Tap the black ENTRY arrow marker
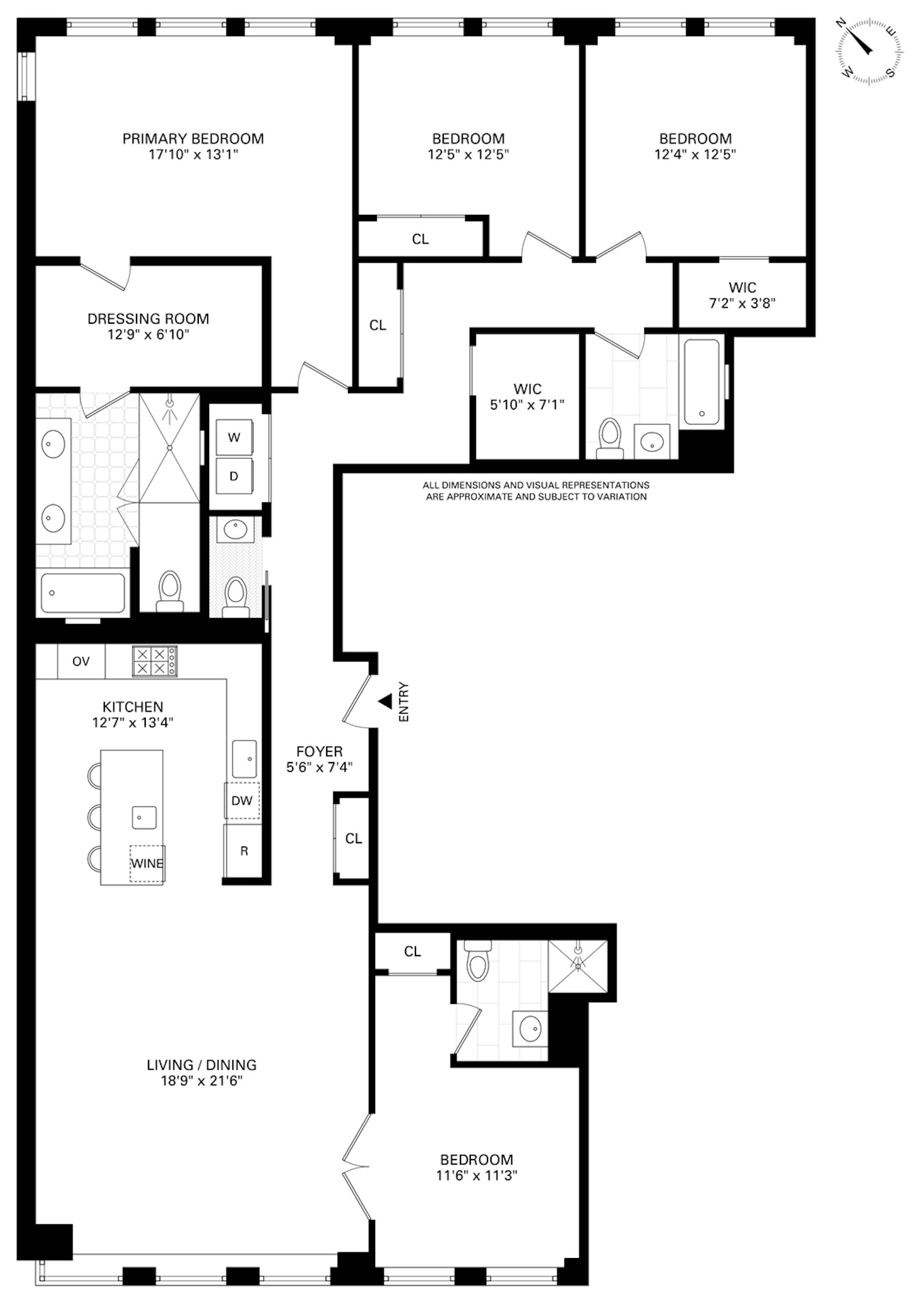pos(384,701)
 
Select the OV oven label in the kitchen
pos(81,661)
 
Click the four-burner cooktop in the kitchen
pos(154,661)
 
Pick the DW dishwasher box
pos(242,801)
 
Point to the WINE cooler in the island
pos(147,863)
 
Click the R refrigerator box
pos(244,851)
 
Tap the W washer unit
pos(234,437)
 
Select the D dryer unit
pos(234,476)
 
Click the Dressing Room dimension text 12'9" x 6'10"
pos(148,335)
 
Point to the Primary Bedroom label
pos(193,139)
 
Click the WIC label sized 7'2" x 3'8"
pos(742,295)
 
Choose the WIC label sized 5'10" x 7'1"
pos(527,397)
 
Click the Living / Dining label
pos(201,1065)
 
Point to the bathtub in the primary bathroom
pos(83,593)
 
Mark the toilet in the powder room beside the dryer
pos(235,596)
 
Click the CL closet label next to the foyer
pos(353,839)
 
